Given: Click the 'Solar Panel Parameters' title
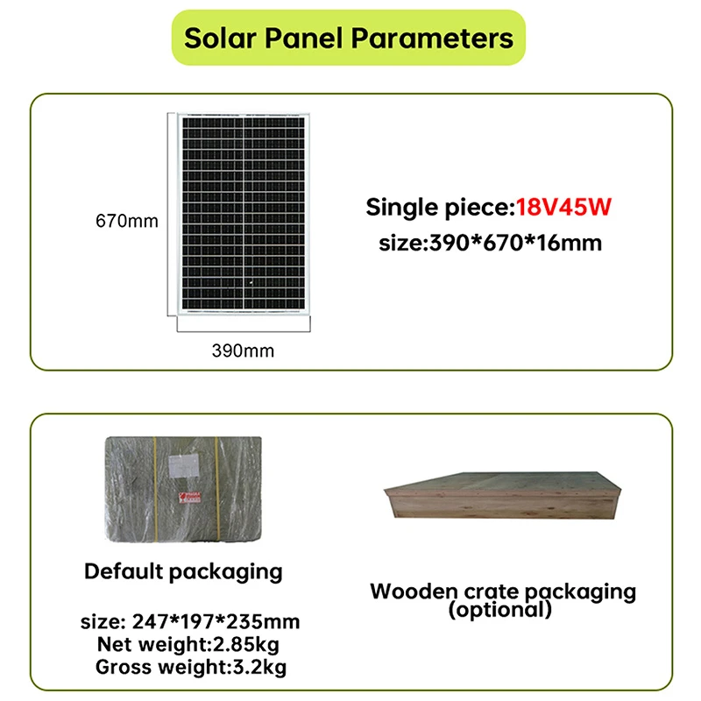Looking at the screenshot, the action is pos(349,38).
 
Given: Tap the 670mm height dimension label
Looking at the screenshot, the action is pos(127,222).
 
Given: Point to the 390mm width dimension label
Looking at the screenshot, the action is pos(244,351).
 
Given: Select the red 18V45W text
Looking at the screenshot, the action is pos(563,207).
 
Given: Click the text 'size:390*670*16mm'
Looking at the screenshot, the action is pos(491,244).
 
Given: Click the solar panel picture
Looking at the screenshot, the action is pos(244,214).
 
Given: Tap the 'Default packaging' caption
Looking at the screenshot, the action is pos(183,572).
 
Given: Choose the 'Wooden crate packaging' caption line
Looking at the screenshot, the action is pos(503,591).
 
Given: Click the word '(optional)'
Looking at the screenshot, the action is pos(500,609).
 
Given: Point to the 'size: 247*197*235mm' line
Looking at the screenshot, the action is pos(190,622).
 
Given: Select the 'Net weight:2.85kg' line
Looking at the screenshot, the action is pos(188,645).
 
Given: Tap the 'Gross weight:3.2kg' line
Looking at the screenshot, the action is pos(191,668).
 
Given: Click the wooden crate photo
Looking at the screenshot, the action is pos(503,495).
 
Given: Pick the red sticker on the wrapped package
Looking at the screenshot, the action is pos(190,498).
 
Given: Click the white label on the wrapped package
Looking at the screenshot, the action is pos(184,466).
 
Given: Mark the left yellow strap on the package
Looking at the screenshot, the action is pos(155,489).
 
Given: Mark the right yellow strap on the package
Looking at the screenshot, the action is pos(216,489).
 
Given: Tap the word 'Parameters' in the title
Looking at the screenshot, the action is pos(432,38).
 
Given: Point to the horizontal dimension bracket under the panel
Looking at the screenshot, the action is pos(244,331).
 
